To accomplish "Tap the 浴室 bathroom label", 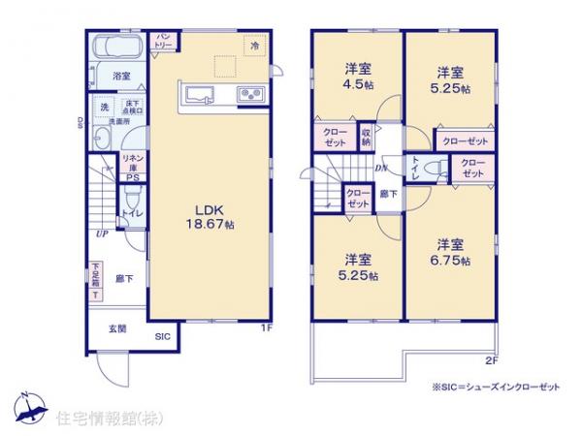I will (121, 75).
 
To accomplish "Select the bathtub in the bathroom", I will (115, 48).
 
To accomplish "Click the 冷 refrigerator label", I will (255, 46).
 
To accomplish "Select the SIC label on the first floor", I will (164, 337).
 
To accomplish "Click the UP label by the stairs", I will (100, 234).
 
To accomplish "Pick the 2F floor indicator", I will (491, 362).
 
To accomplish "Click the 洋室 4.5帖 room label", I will (358, 77).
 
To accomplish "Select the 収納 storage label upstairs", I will (366, 137).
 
